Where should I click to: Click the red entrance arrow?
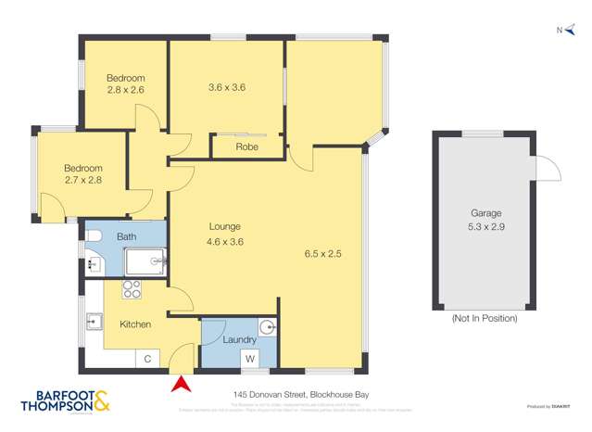click(183, 383)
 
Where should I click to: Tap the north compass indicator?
click(561, 31)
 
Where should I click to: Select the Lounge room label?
click(224, 226)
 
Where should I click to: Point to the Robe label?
click(246, 146)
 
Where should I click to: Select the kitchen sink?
click(94, 323)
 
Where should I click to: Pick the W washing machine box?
click(248, 359)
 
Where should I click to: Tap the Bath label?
click(126, 237)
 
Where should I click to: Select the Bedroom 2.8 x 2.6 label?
click(124, 83)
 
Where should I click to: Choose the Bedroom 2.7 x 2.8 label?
click(82, 174)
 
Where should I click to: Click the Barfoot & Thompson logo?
click(65, 400)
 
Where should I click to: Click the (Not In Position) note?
click(484, 318)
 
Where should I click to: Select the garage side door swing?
click(548, 170)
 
